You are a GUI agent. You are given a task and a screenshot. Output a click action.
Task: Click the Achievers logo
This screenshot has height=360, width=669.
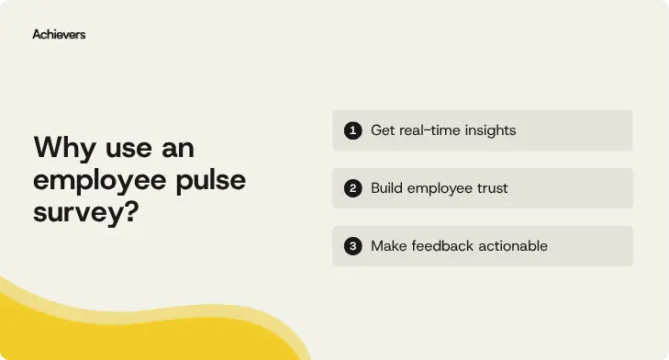[x=59, y=34]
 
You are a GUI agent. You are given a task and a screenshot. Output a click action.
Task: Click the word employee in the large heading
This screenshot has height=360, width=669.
[x=100, y=179]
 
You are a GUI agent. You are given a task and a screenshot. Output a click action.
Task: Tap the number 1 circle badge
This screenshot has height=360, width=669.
[x=352, y=130]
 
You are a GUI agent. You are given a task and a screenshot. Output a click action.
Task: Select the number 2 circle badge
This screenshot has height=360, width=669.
[x=352, y=188]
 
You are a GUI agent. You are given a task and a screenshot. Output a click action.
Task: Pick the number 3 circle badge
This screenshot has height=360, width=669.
[x=352, y=246]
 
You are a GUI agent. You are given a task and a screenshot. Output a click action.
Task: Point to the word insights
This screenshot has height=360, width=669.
[x=491, y=130]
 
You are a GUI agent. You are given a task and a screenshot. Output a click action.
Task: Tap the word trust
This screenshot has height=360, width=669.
[x=490, y=188]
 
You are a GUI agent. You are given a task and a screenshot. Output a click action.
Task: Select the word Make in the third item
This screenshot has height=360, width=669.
[x=388, y=246]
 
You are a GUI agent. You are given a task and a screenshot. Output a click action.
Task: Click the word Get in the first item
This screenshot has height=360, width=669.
[x=383, y=130]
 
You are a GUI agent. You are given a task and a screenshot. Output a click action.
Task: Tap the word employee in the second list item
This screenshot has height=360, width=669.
[x=439, y=188]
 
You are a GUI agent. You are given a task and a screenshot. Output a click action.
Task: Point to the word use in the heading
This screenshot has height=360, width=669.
[x=126, y=149]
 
